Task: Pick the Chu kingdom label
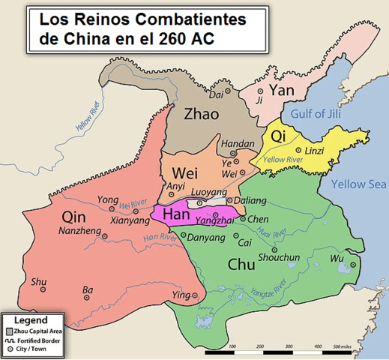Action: point(245,265)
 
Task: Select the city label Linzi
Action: point(315,150)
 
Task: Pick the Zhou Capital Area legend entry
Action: point(42,331)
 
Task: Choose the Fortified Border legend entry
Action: point(42,340)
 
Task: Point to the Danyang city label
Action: point(207,238)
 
